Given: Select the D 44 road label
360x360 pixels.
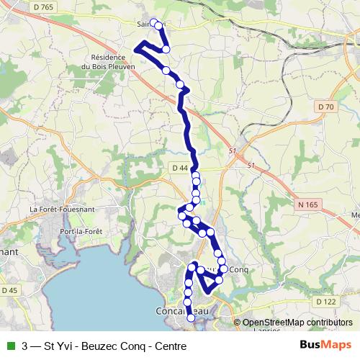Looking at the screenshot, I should pos(180,168).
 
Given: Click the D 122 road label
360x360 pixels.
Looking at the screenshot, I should pos(325,302).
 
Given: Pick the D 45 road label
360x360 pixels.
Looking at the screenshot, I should pos(9,290).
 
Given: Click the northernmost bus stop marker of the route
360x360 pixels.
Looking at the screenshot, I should pos(153,22).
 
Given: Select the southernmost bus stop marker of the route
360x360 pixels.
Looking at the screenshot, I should pos(191,318).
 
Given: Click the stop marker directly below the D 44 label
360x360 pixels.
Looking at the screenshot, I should pos(195,175).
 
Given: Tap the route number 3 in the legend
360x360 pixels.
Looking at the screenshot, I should pos(25,346).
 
